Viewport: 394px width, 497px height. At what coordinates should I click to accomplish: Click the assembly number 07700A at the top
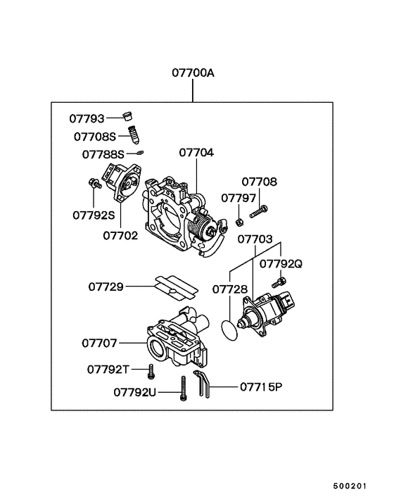tap(192, 73)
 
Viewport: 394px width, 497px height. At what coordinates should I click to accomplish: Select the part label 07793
tap(86, 118)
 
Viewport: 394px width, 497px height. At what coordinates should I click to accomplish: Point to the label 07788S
tap(103, 153)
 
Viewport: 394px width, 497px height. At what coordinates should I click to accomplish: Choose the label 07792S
tap(93, 215)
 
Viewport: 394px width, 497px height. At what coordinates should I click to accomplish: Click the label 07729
tap(106, 287)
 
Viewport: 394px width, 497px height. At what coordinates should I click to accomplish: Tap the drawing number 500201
tap(350, 486)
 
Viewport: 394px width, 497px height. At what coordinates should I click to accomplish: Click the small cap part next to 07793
tap(127, 116)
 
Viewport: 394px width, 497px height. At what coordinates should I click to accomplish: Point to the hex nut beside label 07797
tap(239, 222)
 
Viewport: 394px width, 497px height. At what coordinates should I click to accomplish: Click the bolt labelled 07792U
tap(183, 389)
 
